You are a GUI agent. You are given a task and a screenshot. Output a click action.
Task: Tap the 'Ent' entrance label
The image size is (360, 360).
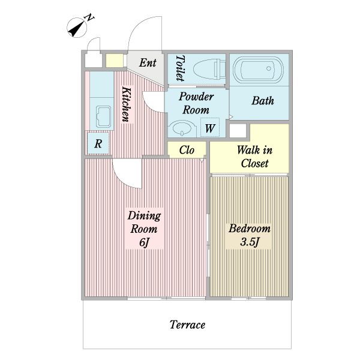148,63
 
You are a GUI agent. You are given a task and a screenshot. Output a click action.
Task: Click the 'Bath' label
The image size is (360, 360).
262,101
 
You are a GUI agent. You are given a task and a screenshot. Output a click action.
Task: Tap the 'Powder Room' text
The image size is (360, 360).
196,103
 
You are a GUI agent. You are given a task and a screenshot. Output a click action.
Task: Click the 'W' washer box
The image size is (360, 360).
210,128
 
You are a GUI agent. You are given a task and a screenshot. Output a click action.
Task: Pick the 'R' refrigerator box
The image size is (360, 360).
98,144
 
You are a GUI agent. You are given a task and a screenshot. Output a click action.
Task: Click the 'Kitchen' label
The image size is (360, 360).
127,104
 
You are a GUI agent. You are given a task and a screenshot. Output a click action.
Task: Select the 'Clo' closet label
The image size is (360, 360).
187,149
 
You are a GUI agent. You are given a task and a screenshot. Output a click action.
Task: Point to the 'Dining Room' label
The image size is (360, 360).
145,223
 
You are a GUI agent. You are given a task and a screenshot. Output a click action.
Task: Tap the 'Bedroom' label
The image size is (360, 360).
249,229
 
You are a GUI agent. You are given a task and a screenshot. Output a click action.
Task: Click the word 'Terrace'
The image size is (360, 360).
187,325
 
